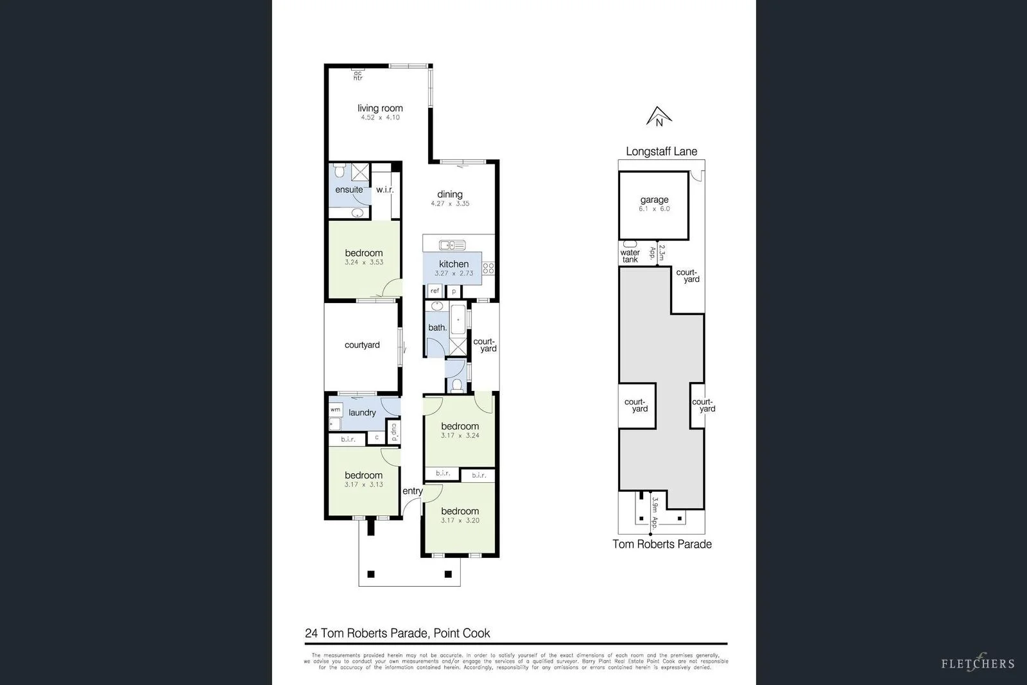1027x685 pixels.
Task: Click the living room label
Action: (380, 108)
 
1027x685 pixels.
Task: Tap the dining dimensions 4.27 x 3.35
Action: (450, 204)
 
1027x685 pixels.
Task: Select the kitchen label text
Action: (453, 264)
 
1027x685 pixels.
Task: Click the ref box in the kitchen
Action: (435, 291)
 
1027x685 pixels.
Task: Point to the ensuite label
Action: (349, 189)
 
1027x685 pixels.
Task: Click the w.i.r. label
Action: (384, 190)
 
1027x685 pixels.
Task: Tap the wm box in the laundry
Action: (335, 410)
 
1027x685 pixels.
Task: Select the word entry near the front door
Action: (412, 491)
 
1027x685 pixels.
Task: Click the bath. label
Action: (437, 327)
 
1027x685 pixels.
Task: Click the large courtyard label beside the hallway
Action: (362, 345)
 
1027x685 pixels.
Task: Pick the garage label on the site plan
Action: (654, 200)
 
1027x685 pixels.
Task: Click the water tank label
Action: (630, 256)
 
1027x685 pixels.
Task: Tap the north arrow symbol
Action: (659, 117)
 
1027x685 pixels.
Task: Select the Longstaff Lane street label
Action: (661, 152)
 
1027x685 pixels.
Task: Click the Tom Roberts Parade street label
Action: (662, 544)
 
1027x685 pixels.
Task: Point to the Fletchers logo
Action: (978, 663)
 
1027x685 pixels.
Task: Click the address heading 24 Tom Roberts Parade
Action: (397, 633)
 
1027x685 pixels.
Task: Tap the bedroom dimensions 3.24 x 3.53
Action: (363, 262)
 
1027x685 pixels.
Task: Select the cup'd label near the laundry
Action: (394, 430)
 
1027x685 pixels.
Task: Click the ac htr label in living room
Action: (358, 76)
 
